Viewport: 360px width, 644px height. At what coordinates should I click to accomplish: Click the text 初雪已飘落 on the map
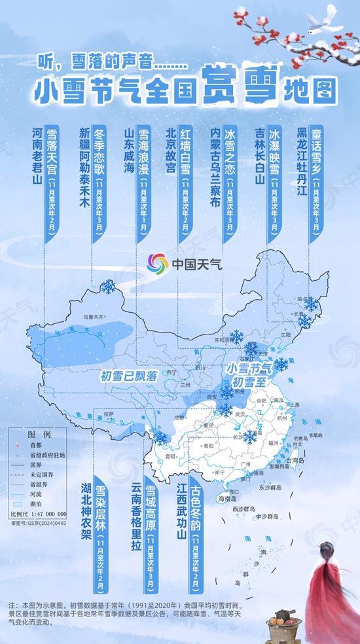pos(129,375)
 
